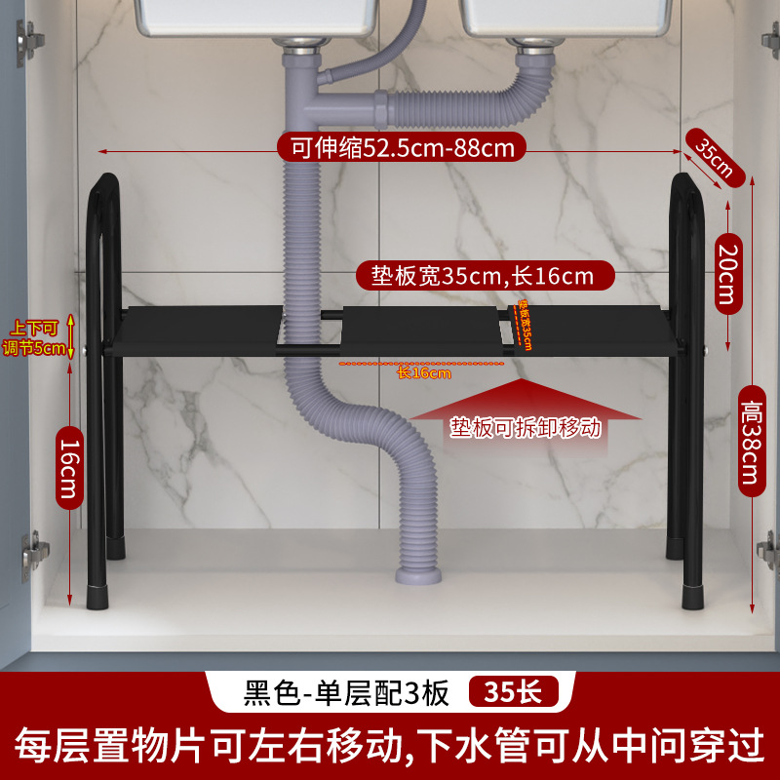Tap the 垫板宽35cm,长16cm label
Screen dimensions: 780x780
482,276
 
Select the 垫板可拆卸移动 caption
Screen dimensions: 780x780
526,427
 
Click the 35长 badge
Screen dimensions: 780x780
514,692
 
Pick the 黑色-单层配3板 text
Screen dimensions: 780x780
346,692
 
